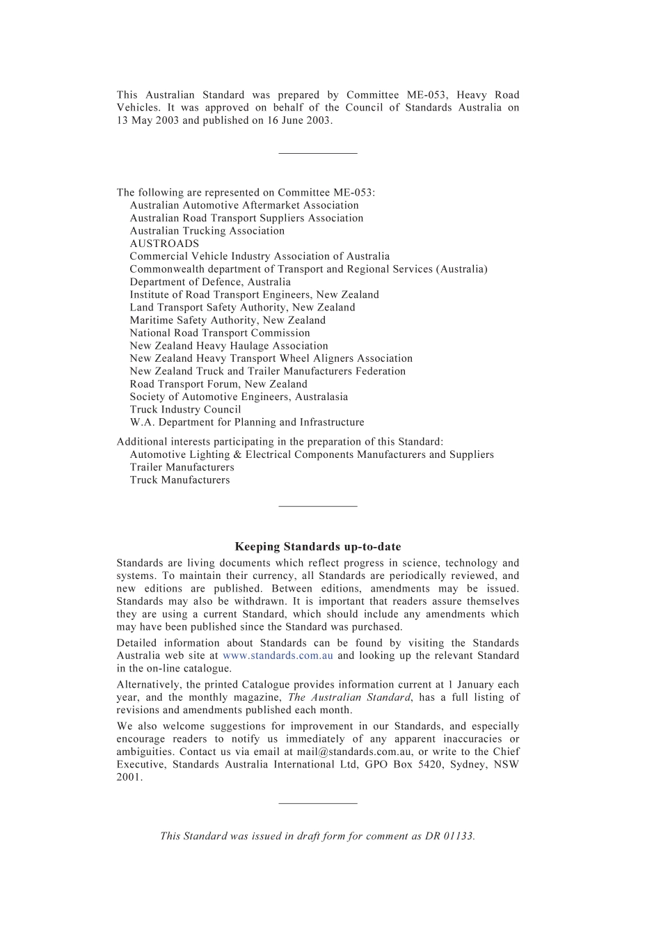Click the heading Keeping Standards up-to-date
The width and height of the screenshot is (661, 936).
click(318, 547)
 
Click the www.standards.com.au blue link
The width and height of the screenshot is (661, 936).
click(278, 656)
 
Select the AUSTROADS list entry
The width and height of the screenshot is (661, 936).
click(164, 244)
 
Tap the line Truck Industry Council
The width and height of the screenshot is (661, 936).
click(185, 409)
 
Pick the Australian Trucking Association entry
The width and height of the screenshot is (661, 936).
click(207, 231)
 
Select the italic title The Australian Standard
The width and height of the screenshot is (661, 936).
click(349, 697)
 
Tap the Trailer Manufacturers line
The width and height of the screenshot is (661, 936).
click(182, 467)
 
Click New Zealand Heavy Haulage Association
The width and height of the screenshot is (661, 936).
click(228, 346)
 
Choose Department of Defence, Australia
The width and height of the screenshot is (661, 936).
click(210, 282)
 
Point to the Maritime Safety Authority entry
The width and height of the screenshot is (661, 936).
click(228, 320)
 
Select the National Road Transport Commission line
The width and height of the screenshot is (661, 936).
click(220, 333)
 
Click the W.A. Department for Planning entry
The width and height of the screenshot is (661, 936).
click(246, 422)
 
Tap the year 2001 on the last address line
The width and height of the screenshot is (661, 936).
click(129, 777)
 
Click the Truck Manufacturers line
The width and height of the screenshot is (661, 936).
click(180, 480)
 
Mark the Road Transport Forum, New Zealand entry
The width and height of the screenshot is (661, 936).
click(218, 384)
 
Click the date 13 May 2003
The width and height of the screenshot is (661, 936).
click(148, 120)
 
